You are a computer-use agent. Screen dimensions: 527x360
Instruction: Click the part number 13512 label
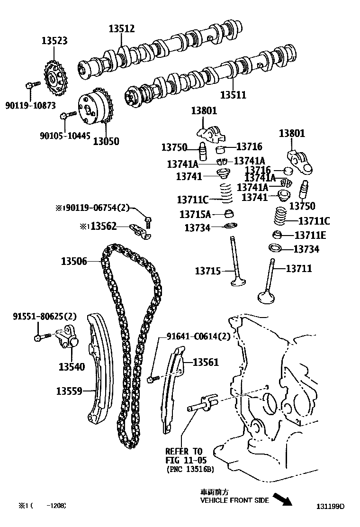coord(122,29)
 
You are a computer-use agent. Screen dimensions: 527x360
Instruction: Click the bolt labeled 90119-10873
coord(30,86)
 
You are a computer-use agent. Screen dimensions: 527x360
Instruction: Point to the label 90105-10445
coord(65,136)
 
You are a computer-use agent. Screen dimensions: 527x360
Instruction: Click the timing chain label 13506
coord(73,261)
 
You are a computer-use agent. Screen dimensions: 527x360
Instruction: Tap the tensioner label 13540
coord(72,366)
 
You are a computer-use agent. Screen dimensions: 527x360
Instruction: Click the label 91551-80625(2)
coord(44,316)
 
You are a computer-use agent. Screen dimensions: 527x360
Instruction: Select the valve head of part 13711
coord(266,297)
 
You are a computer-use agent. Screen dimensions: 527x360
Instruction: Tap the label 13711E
coord(310,235)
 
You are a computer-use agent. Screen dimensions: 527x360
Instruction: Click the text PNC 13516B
coord(189,469)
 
